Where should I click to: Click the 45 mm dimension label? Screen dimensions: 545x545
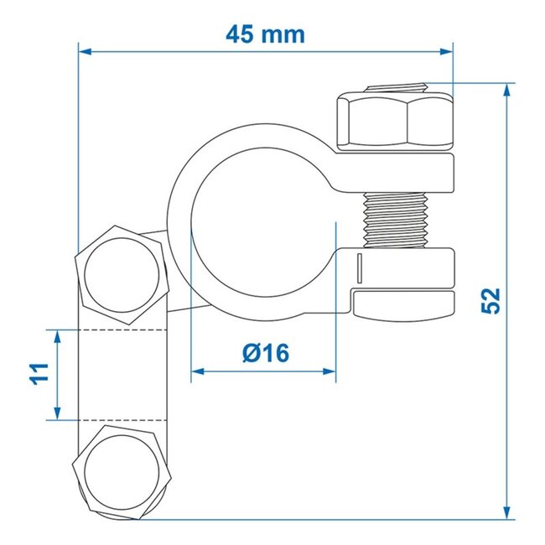[264, 34]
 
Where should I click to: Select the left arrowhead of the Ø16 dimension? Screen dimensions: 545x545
[198, 371]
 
